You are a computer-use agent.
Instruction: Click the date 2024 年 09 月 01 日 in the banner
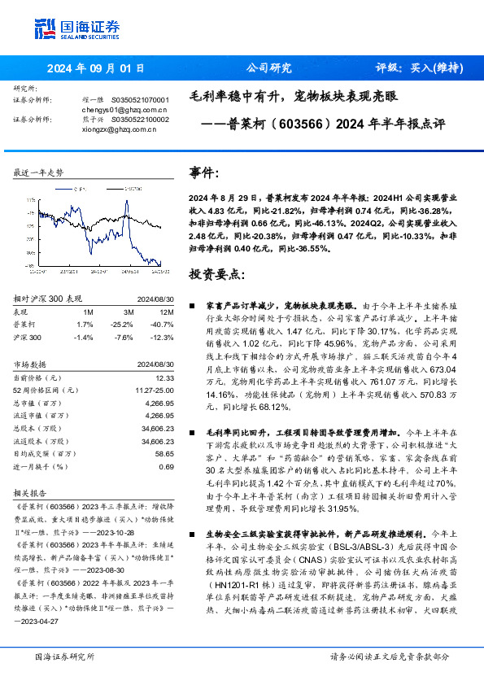96,68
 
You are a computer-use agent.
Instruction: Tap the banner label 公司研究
268,68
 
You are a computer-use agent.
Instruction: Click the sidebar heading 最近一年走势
37,172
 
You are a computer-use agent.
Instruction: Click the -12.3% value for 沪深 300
164,336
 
